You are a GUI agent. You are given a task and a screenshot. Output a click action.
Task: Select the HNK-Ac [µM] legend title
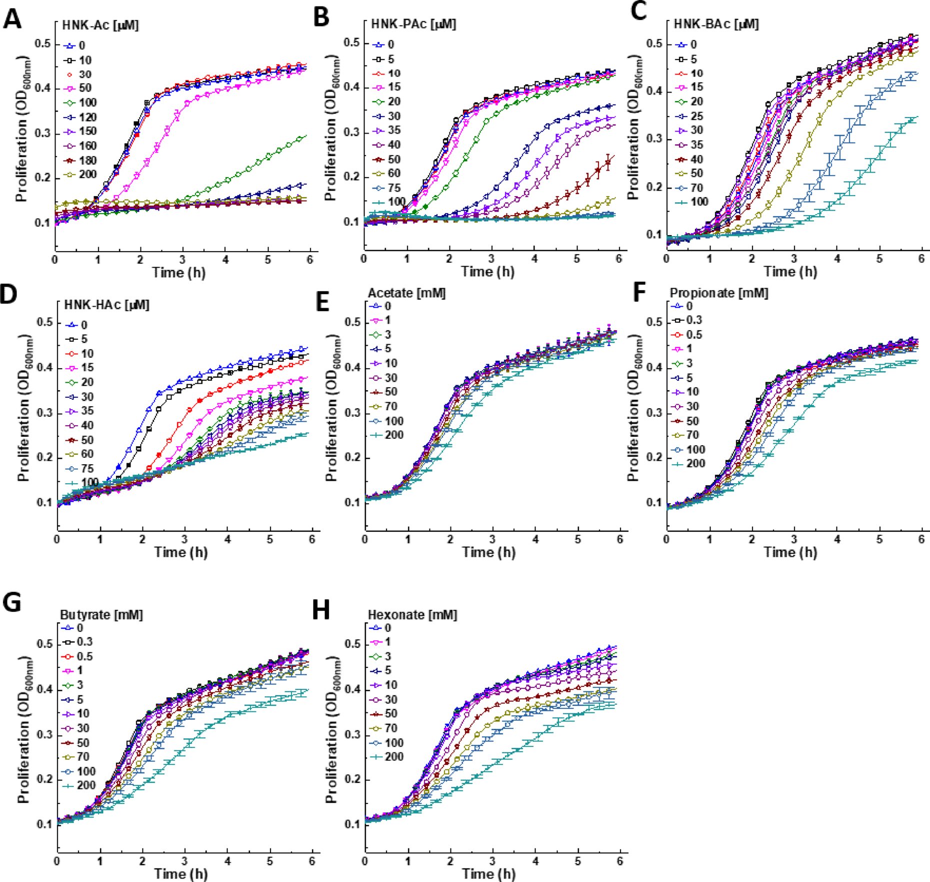click(100, 25)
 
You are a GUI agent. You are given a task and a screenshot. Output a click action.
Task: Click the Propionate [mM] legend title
click(718, 293)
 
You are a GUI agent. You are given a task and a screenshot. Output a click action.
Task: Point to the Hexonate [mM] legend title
click(412, 615)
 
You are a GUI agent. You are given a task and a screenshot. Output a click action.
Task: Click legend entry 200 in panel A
click(87, 175)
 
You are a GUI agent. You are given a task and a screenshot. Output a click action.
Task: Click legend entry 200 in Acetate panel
click(393, 435)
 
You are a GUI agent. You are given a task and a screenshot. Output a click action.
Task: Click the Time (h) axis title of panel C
click(790, 272)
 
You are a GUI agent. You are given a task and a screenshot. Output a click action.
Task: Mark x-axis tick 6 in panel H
click(620, 861)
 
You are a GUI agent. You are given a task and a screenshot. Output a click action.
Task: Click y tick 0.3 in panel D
click(44, 413)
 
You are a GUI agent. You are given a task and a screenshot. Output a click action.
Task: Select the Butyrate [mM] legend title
click(101, 615)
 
